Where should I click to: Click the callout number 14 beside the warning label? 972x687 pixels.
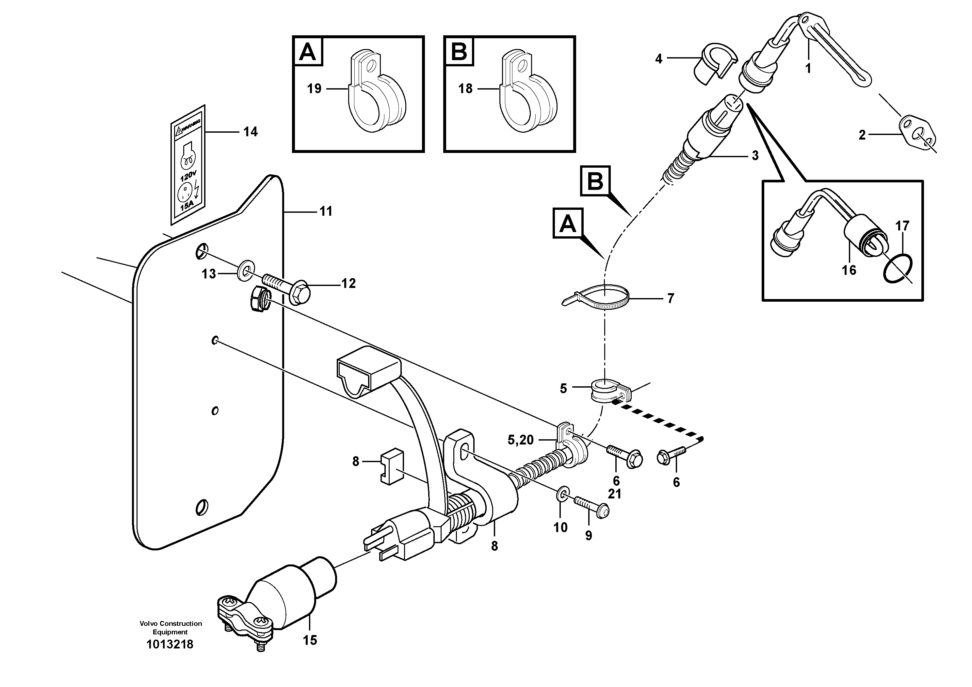[x=250, y=132]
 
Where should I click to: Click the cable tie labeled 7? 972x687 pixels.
[x=597, y=296]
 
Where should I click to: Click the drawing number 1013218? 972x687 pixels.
[x=170, y=644]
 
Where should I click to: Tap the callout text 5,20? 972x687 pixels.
[x=521, y=440]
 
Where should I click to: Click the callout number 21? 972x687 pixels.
[x=614, y=494]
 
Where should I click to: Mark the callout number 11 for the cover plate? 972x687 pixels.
[x=326, y=211]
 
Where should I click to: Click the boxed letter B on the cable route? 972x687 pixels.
[x=595, y=181]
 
